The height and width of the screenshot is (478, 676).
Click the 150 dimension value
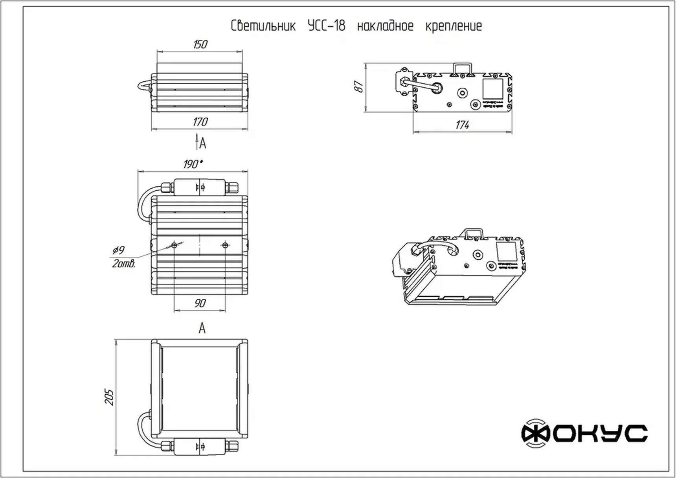pyautogui.click(x=200, y=44)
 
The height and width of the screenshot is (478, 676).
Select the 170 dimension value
pyautogui.click(x=200, y=122)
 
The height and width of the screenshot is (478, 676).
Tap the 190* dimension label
pyautogui.click(x=193, y=164)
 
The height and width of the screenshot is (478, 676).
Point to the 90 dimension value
pyautogui.click(x=200, y=303)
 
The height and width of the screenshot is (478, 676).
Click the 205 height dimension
pyautogui.click(x=109, y=397)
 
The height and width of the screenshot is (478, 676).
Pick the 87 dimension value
pyautogui.click(x=359, y=86)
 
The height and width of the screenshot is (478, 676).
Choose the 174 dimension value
pyautogui.click(x=463, y=125)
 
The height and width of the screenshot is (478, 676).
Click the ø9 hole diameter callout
pyautogui.click(x=118, y=250)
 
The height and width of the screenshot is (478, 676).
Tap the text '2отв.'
pyautogui.click(x=124, y=264)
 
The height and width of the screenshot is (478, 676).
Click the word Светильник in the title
pyautogui.click(x=263, y=26)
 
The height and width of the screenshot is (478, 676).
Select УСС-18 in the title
pyautogui.click(x=326, y=26)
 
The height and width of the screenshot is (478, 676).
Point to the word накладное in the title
pyautogui.click(x=385, y=26)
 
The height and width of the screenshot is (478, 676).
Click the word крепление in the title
pyautogui.click(x=454, y=26)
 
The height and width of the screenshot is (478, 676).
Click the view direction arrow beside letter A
pyautogui.click(x=197, y=142)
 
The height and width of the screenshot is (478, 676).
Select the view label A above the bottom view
pyautogui.click(x=202, y=328)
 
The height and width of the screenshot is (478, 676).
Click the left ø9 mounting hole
pyautogui.click(x=175, y=245)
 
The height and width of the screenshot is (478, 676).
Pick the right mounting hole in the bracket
pyautogui.click(x=225, y=245)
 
